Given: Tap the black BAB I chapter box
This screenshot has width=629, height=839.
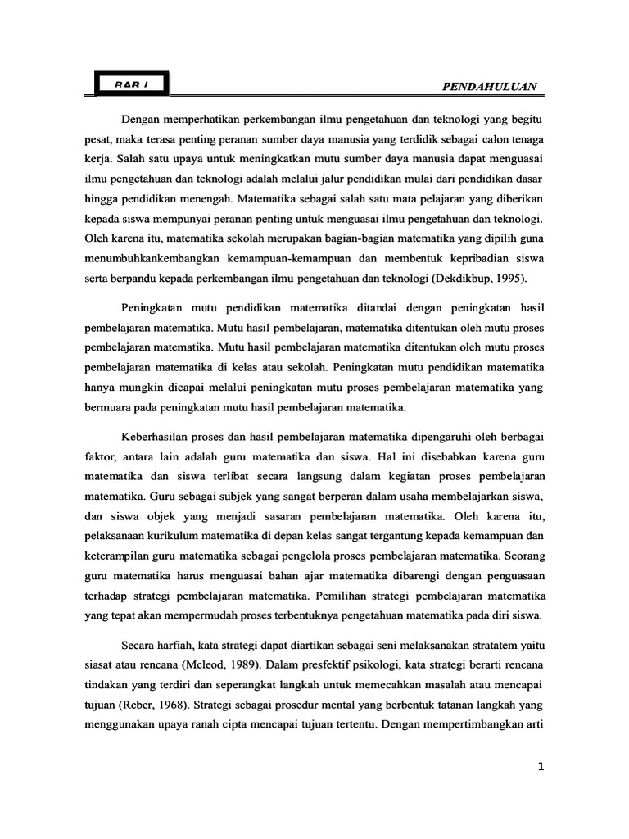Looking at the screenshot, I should point(131,84).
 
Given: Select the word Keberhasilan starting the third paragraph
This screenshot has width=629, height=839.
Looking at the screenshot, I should point(157,437).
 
